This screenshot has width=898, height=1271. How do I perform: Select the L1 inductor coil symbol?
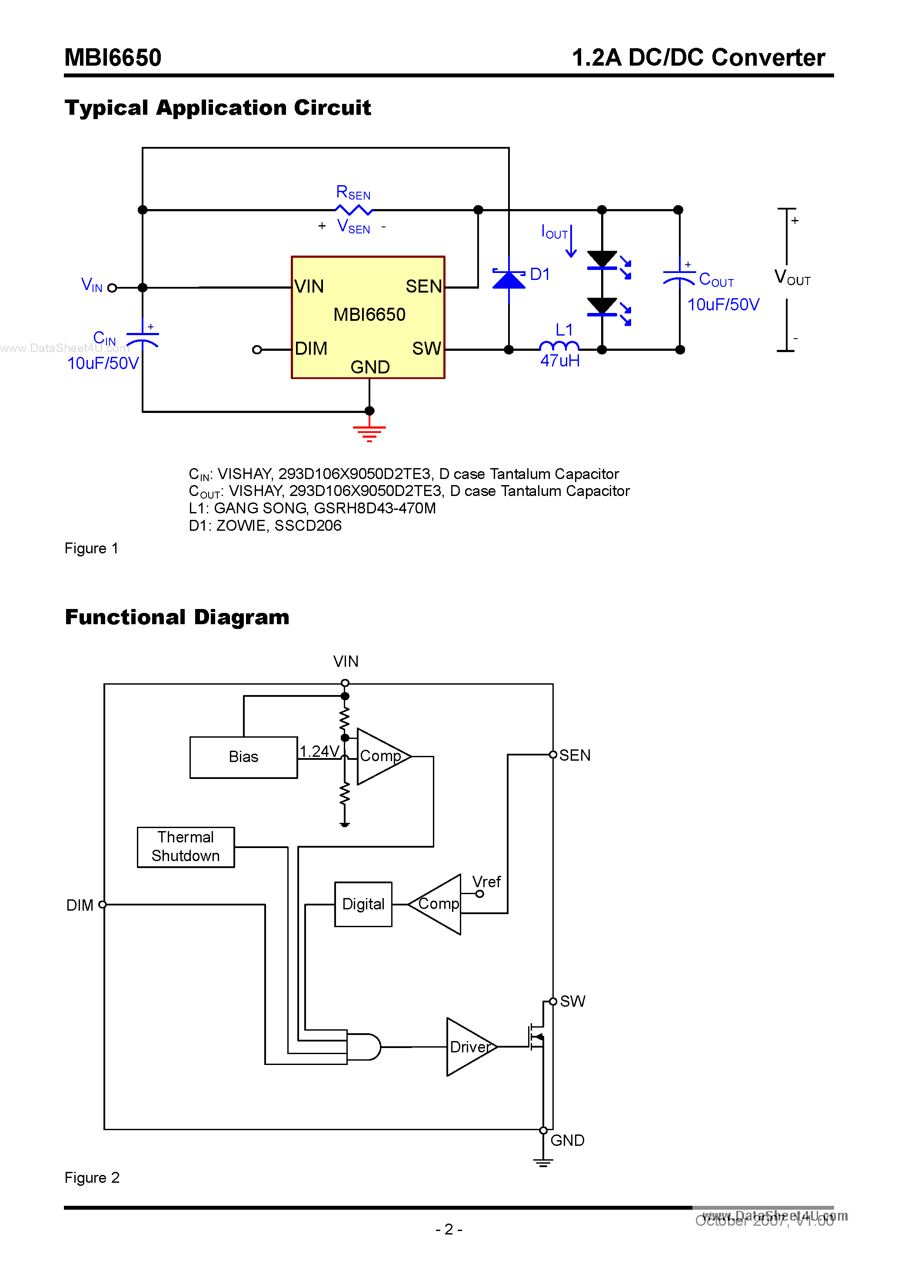(x=559, y=346)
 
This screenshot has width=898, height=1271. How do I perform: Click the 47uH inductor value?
(x=560, y=361)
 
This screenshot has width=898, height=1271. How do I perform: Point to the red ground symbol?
(x=369, y=433)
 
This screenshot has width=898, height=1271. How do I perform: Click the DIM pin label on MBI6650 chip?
(x=311, y=349)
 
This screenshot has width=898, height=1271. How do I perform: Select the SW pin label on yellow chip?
(x=426, y=349)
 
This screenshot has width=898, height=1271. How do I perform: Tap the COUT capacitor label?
(x=716, y=279)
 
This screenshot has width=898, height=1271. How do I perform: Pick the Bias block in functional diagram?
(x=243, y=757)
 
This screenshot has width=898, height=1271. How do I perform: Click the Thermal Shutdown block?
(x=186, y=846)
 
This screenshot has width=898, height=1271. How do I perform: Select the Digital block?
(x=363, y=904)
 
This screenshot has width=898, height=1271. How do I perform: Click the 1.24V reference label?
(x=319, y=751)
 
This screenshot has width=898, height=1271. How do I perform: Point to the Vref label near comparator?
(x=486, y=882)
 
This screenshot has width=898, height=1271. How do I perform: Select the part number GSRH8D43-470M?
(x=375, y=508)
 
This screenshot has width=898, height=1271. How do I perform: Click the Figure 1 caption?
(x=91, y=548)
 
